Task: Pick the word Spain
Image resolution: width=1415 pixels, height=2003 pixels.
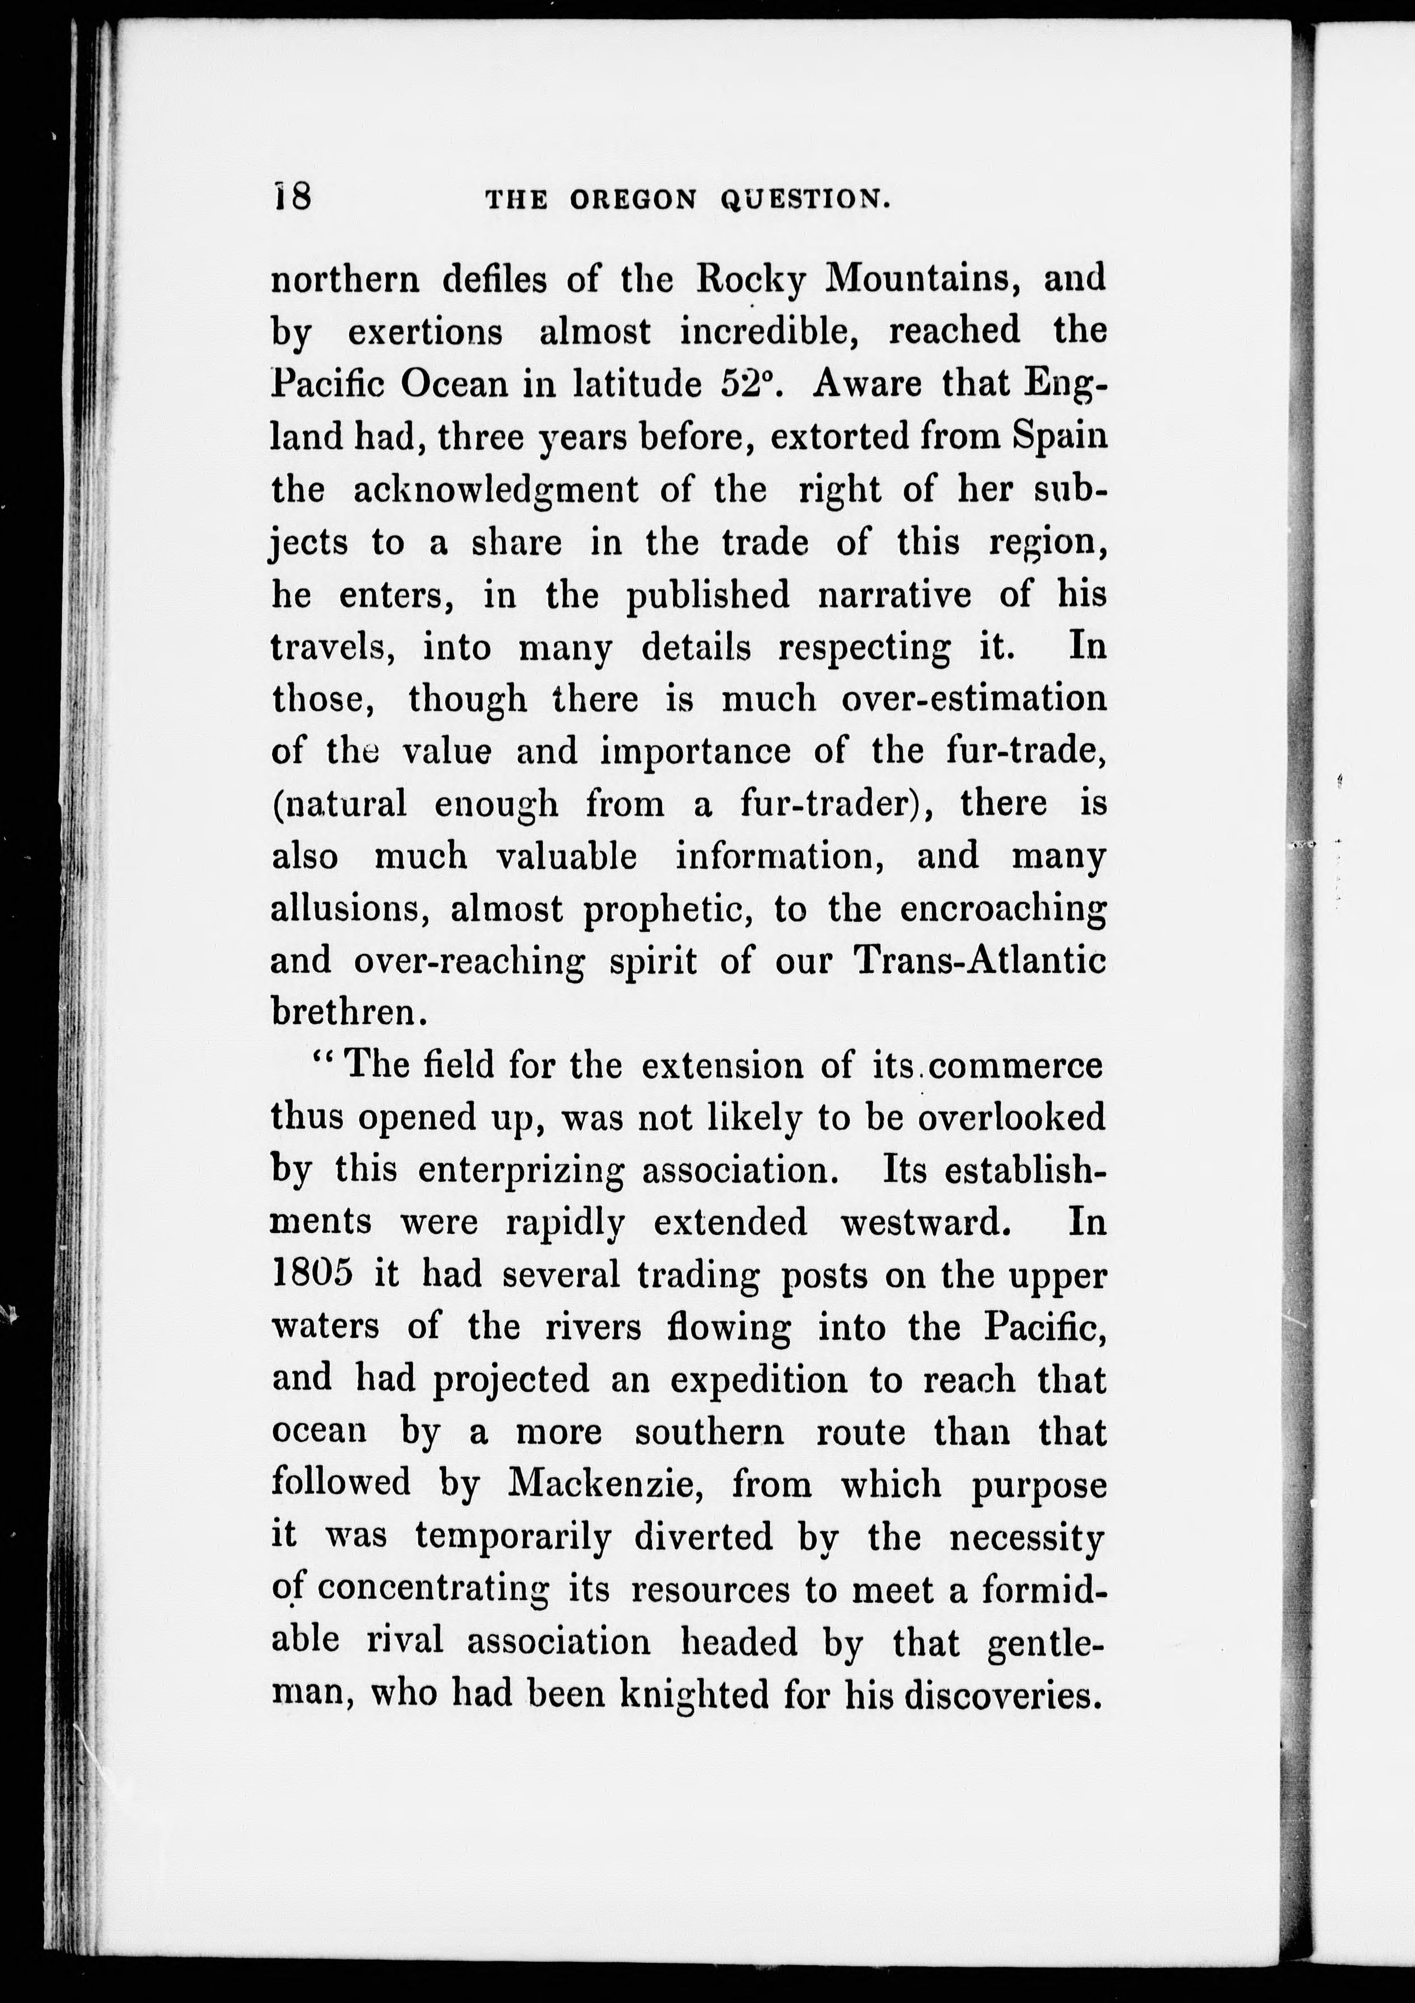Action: pyautogui.click(x=1060, y=436)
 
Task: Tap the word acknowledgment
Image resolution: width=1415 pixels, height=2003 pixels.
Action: pyautogui.click(x=495, y=489)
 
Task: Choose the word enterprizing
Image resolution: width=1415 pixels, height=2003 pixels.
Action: pyautogui.click(x=521, y=1170)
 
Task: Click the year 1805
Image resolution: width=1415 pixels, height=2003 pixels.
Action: pyautogui.click(x=312, y=1275)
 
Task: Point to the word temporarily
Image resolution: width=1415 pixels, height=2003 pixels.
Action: pyautogui.click(x=513, y=1537)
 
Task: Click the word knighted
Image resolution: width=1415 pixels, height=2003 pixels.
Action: pyautogui.click(x=695, y=1695)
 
